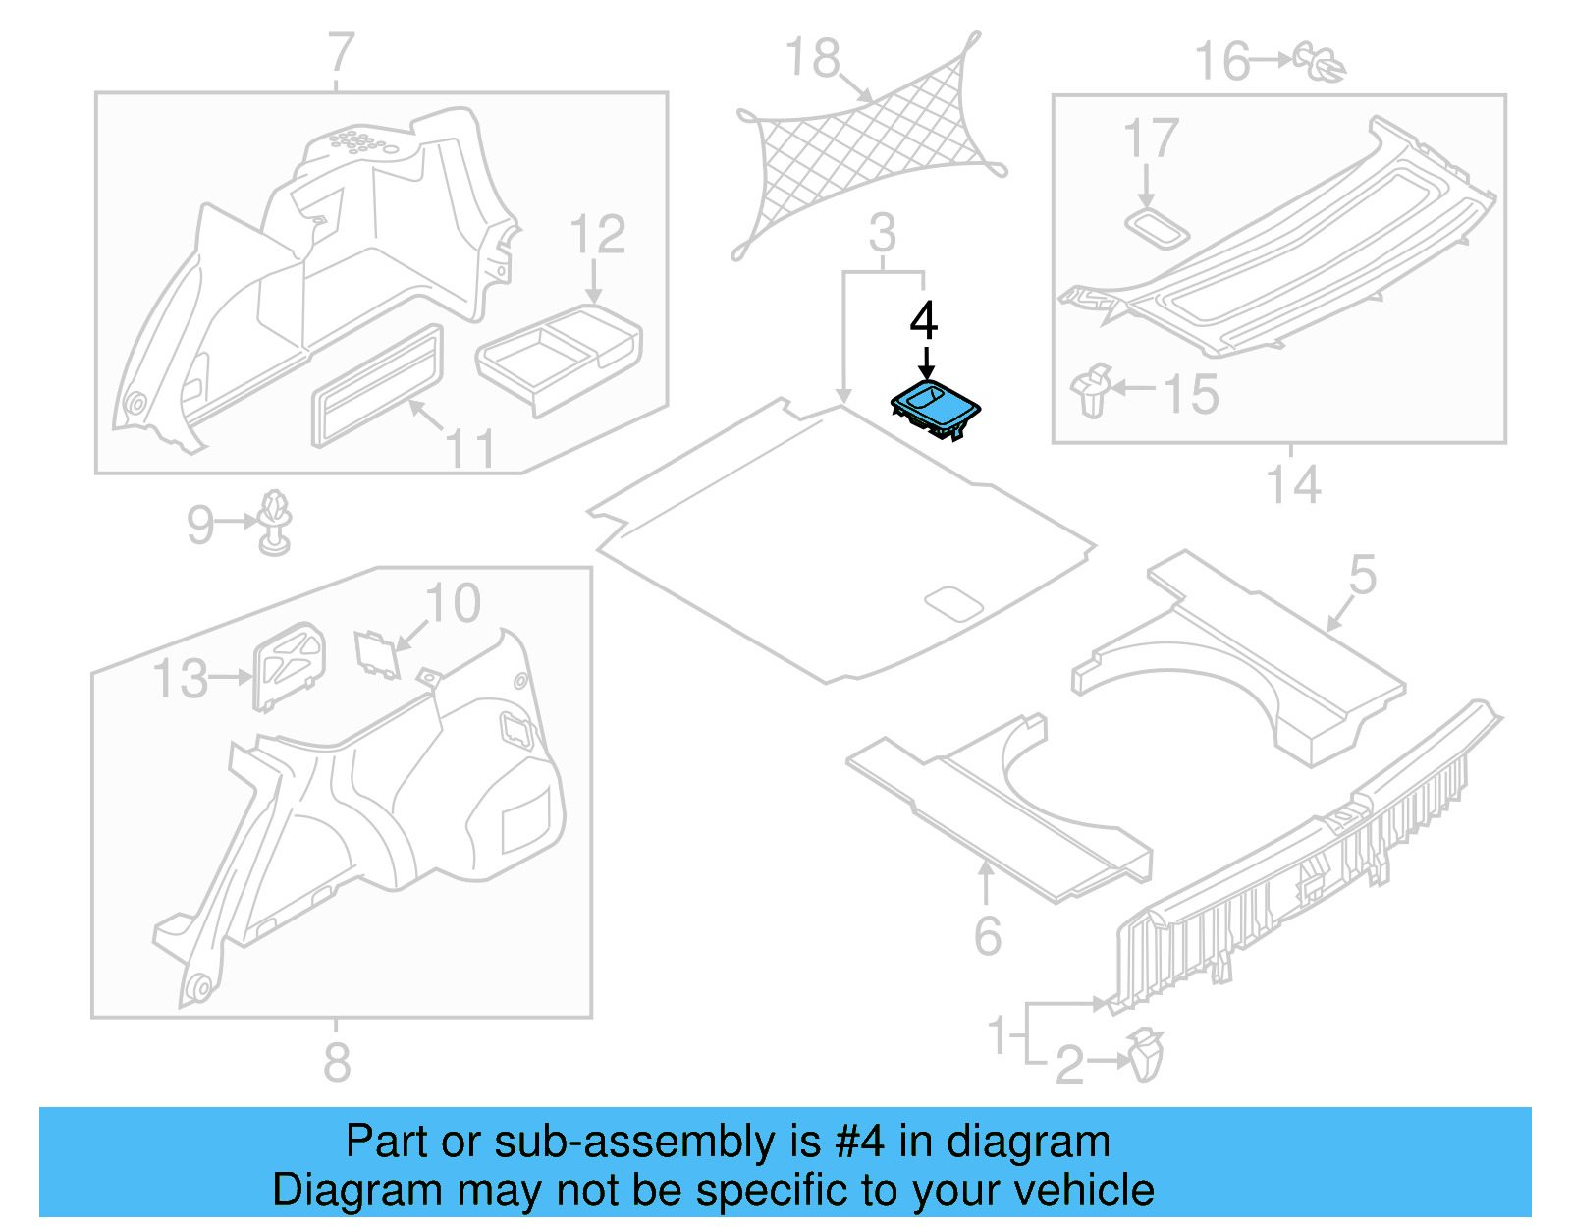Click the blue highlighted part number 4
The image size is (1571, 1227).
(935, 408)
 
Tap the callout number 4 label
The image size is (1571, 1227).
(924, 321)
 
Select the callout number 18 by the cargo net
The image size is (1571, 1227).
(813, 58)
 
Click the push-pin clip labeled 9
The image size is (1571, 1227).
(275, 522)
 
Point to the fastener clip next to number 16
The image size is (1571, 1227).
(1321, 61)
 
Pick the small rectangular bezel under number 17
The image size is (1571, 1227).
(1157, 228)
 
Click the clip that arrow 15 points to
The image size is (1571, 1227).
(1092, 390)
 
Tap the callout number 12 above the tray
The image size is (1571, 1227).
(597, 236)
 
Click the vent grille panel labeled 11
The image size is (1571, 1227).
(377, 386)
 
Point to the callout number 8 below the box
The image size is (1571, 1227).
(337, 1062)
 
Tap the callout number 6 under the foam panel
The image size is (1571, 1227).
(988, 935)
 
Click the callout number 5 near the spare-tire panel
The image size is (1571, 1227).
(1363, 575)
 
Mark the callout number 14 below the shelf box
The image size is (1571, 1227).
(1293, 485)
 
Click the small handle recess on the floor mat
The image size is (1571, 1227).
(953, 603)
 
